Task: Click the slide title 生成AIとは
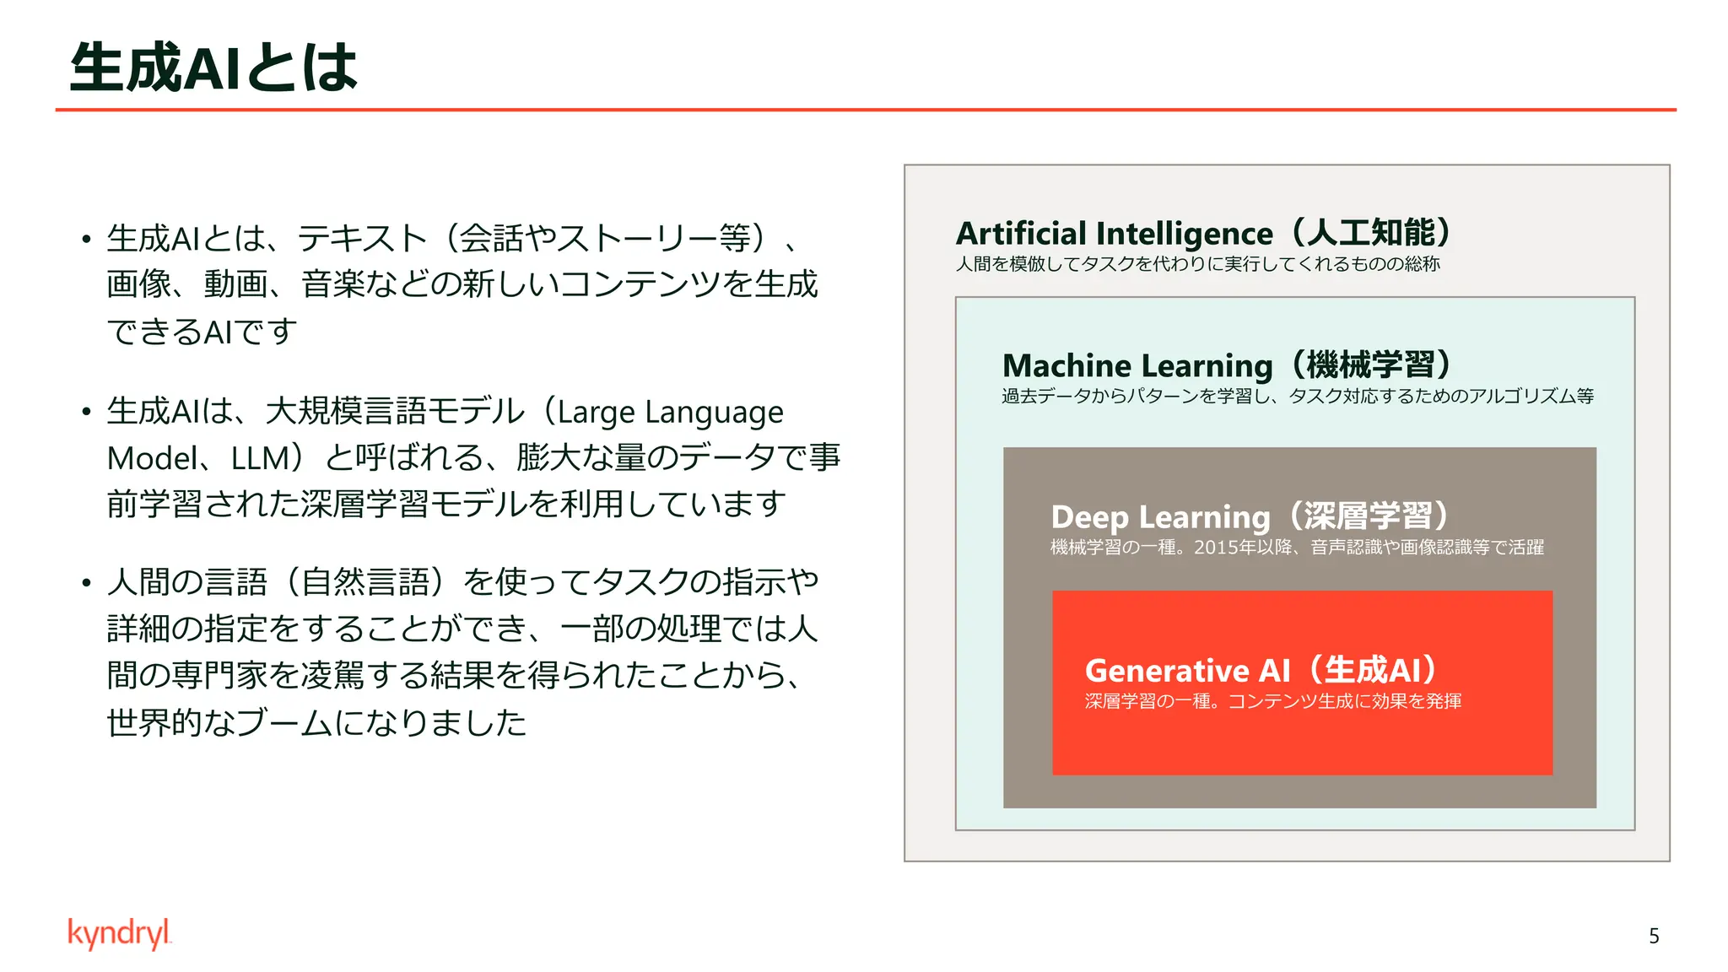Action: coord(214,67)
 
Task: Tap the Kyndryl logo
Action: coord(119,933)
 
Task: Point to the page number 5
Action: coord(1654,936)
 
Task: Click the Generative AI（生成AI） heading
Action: coord(1261,671)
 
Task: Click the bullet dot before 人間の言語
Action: coord(86,583)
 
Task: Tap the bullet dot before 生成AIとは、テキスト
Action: coord(86,240)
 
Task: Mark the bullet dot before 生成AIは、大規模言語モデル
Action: coord(86,413)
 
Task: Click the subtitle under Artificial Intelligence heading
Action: coord(1197,264)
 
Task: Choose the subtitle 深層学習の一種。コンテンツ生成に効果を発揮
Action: coord(1272,701)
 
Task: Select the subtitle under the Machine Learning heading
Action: coord(1298,397)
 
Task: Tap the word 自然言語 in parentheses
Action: coord(365,582)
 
